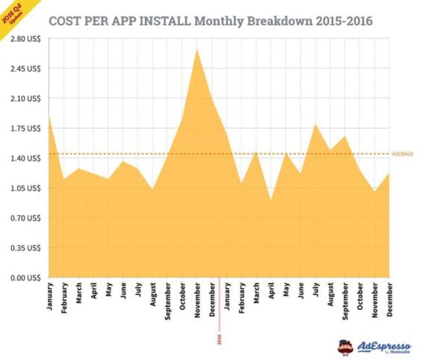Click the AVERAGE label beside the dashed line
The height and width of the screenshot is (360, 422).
click(x=402, y=154)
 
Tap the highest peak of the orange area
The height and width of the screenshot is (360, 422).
click(x=196, y=48)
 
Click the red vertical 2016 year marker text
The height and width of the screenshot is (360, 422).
click(x=220, y=339)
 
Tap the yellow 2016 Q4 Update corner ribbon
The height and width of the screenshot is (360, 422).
click(x=11, y=12)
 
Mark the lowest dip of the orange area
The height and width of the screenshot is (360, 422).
click(x=271, y=200)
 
